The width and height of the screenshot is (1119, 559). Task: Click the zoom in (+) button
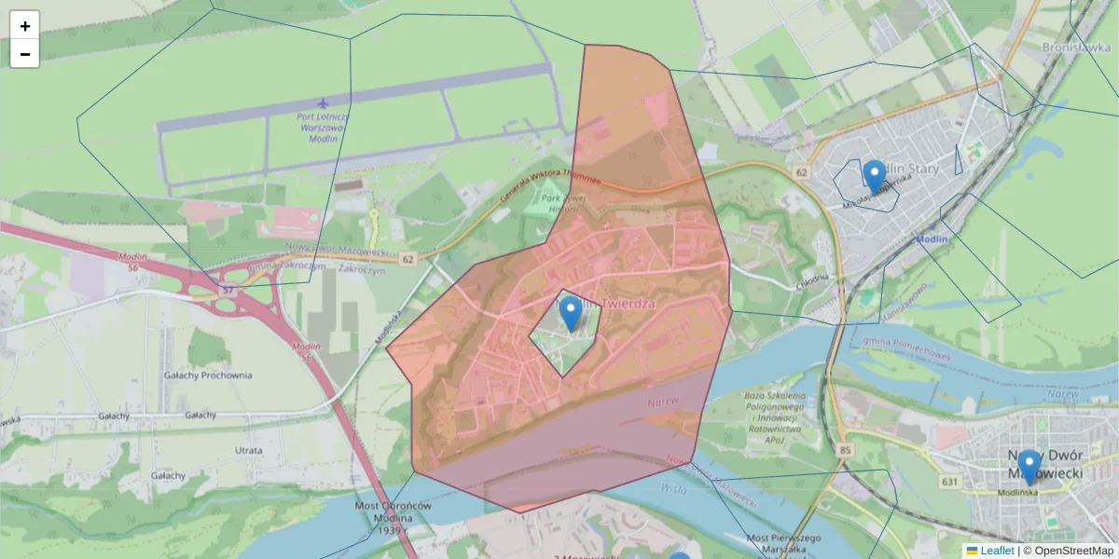pyautogui.click(x=25, y=25)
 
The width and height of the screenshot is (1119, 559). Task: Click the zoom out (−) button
pyautogui.click(x=25, y=54)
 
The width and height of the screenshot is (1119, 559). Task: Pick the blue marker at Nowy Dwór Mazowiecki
pyautogui.click(x=1029, y=467)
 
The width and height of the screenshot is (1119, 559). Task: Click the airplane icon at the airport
pyautogui.click(x=323, y=102)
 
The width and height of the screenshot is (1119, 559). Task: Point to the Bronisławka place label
pyautogui.click(x=1072, y=47)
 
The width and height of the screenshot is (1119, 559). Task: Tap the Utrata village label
pyautogui.click(x=249, y=450)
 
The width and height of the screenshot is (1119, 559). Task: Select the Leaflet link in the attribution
pyautogui.click(x=997, y=551)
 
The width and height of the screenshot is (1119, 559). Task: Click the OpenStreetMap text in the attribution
pyautogui.click(x=1073, y=551)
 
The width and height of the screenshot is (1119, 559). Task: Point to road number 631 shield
pyautogui.click(x=950, y=482)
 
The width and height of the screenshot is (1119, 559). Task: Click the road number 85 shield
pyautogui.click(x=846, y=451)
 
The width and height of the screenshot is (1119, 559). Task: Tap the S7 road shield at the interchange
pyautogui.click(x=228, y=292)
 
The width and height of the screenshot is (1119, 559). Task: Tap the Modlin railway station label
pyautogui.click(x=932, y=239)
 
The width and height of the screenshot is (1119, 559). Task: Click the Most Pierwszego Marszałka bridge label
pyautogui.click(x=783, y=544)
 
